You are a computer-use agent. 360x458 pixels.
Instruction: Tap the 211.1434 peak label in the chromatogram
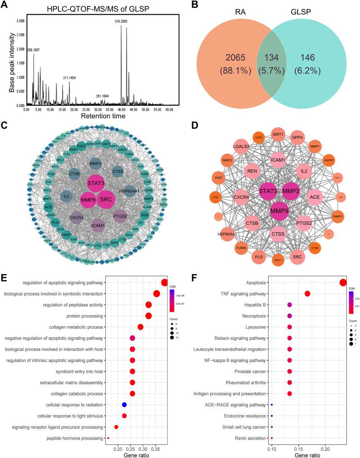point(69,78)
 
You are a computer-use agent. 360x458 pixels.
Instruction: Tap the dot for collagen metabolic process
point(140,327)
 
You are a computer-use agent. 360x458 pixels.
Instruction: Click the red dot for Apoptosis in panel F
point(343,283)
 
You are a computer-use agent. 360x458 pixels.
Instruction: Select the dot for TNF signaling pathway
point(308,294)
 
